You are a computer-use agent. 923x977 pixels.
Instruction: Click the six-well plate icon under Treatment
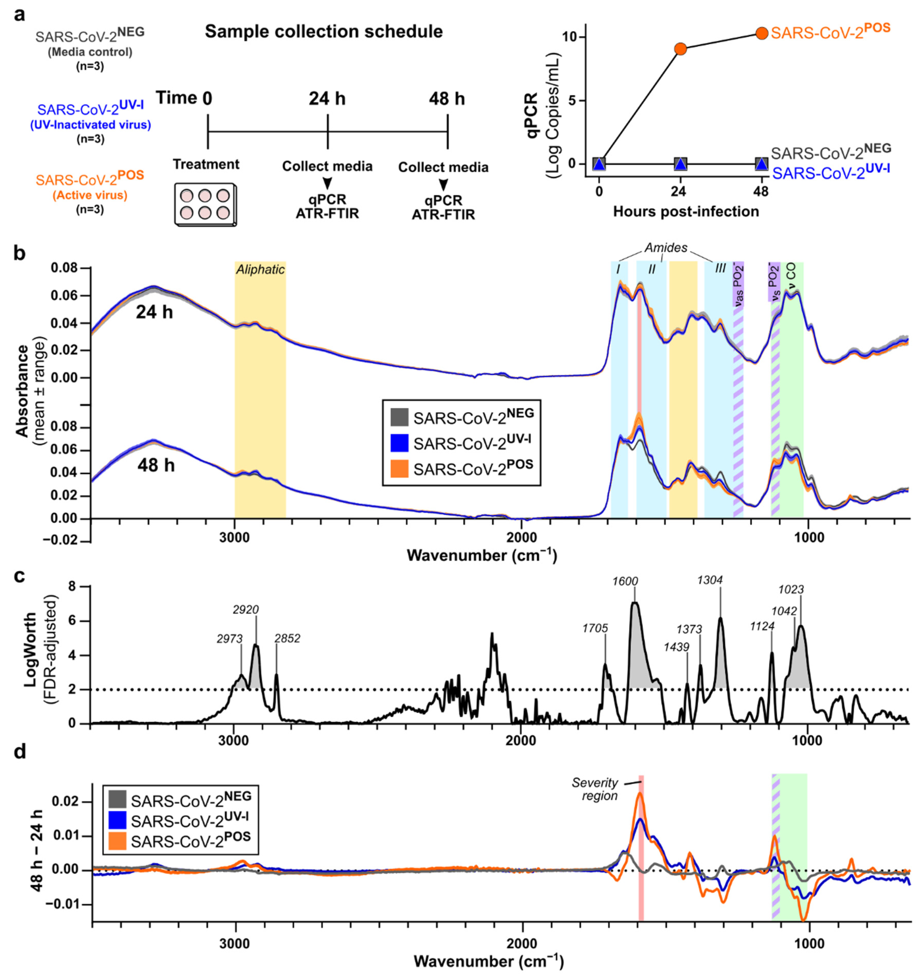pyautogui.click(x=206, y=205)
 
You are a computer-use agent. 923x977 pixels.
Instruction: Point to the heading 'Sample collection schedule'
pyautogui.click(x=324, y=32)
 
